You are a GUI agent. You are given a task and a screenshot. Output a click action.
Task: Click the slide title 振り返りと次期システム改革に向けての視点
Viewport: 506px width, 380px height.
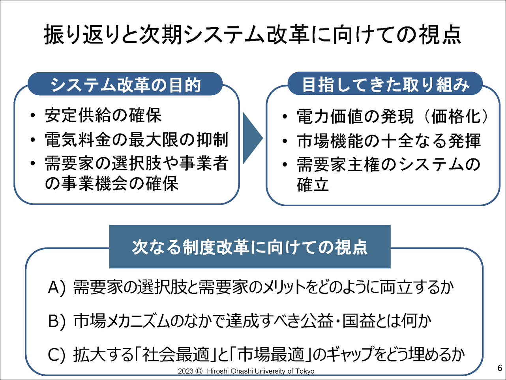click(x=253, y=35)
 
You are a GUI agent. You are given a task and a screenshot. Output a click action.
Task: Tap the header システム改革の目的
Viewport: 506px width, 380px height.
click(x=126, y=85)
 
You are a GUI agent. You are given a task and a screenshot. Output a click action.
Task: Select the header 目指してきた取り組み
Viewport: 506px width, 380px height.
click(x=386, y=85)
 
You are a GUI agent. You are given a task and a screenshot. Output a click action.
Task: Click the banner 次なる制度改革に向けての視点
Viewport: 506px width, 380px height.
click(x=250, y=247)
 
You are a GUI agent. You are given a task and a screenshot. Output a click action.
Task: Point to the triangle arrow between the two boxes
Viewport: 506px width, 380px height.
click(x=253, y=138)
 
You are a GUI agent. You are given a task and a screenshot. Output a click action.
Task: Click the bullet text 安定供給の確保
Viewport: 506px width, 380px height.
click(x=103, y=115)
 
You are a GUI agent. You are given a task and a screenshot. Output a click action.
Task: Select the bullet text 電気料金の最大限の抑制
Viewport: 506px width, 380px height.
click(x=137, y=139)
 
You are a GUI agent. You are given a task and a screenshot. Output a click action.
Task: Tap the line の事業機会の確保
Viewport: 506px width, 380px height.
click(x=112, y=183)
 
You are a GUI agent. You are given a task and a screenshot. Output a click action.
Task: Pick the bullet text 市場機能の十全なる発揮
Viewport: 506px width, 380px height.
click(x=389, y=141)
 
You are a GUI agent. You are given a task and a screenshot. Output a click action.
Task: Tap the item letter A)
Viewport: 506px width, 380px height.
click(x=57, y=288)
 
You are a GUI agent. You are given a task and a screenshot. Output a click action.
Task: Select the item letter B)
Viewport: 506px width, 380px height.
click(x=57, y=321)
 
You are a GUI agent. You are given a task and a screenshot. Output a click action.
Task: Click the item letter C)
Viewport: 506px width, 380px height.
click(x=57, y=354)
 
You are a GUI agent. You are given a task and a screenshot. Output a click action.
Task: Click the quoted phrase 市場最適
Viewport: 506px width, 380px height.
click(x=271, y=354)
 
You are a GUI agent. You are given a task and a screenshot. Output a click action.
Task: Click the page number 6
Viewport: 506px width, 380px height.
click(x=500, y=368)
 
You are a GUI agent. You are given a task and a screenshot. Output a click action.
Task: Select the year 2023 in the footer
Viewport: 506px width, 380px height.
click(x=186, y=371)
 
